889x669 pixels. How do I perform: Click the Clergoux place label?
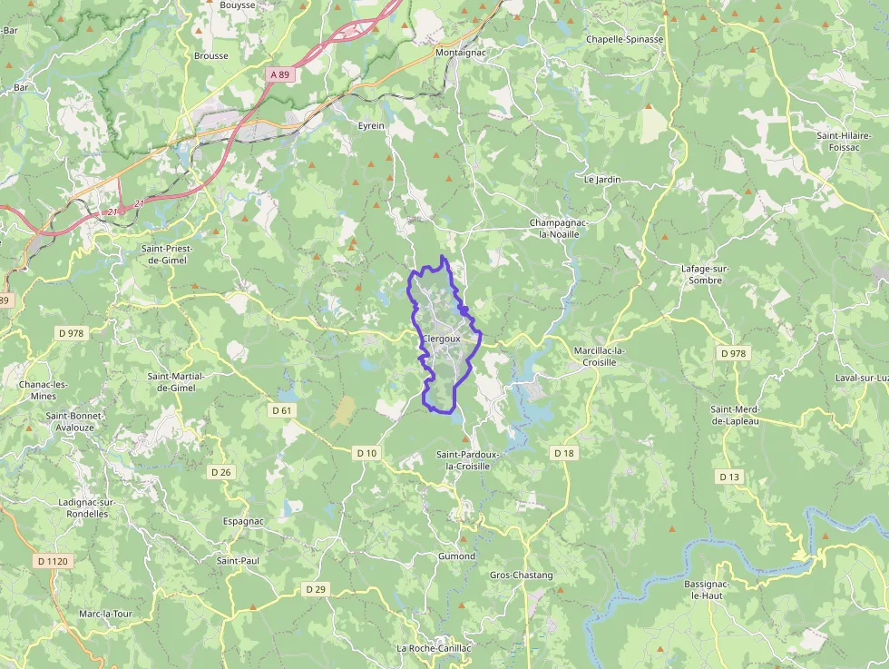tap(441, 339)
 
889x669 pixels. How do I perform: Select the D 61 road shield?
tap(282, 410)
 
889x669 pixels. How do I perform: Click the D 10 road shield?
tap(366, 452)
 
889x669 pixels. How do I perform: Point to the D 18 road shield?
tap(563, 452)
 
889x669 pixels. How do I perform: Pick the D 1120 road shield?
tap(54, 561)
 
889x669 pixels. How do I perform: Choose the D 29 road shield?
tap(316, 589)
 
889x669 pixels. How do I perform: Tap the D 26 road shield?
tap(220, 471)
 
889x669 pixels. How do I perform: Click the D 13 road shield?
tap(729, 477)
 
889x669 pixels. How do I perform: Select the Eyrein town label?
tap(371, 125)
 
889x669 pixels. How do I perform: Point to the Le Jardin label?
tap(602, 180)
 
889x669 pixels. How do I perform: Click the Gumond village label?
tap(456, 556)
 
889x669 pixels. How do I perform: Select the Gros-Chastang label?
tap(521, 575)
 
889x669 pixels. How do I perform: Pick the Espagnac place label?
tap(243, 522)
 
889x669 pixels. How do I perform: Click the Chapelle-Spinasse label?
tap(624, 39)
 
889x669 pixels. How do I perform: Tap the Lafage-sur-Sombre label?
tap(705, 274)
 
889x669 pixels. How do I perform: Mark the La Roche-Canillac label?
tap(434, 649)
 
